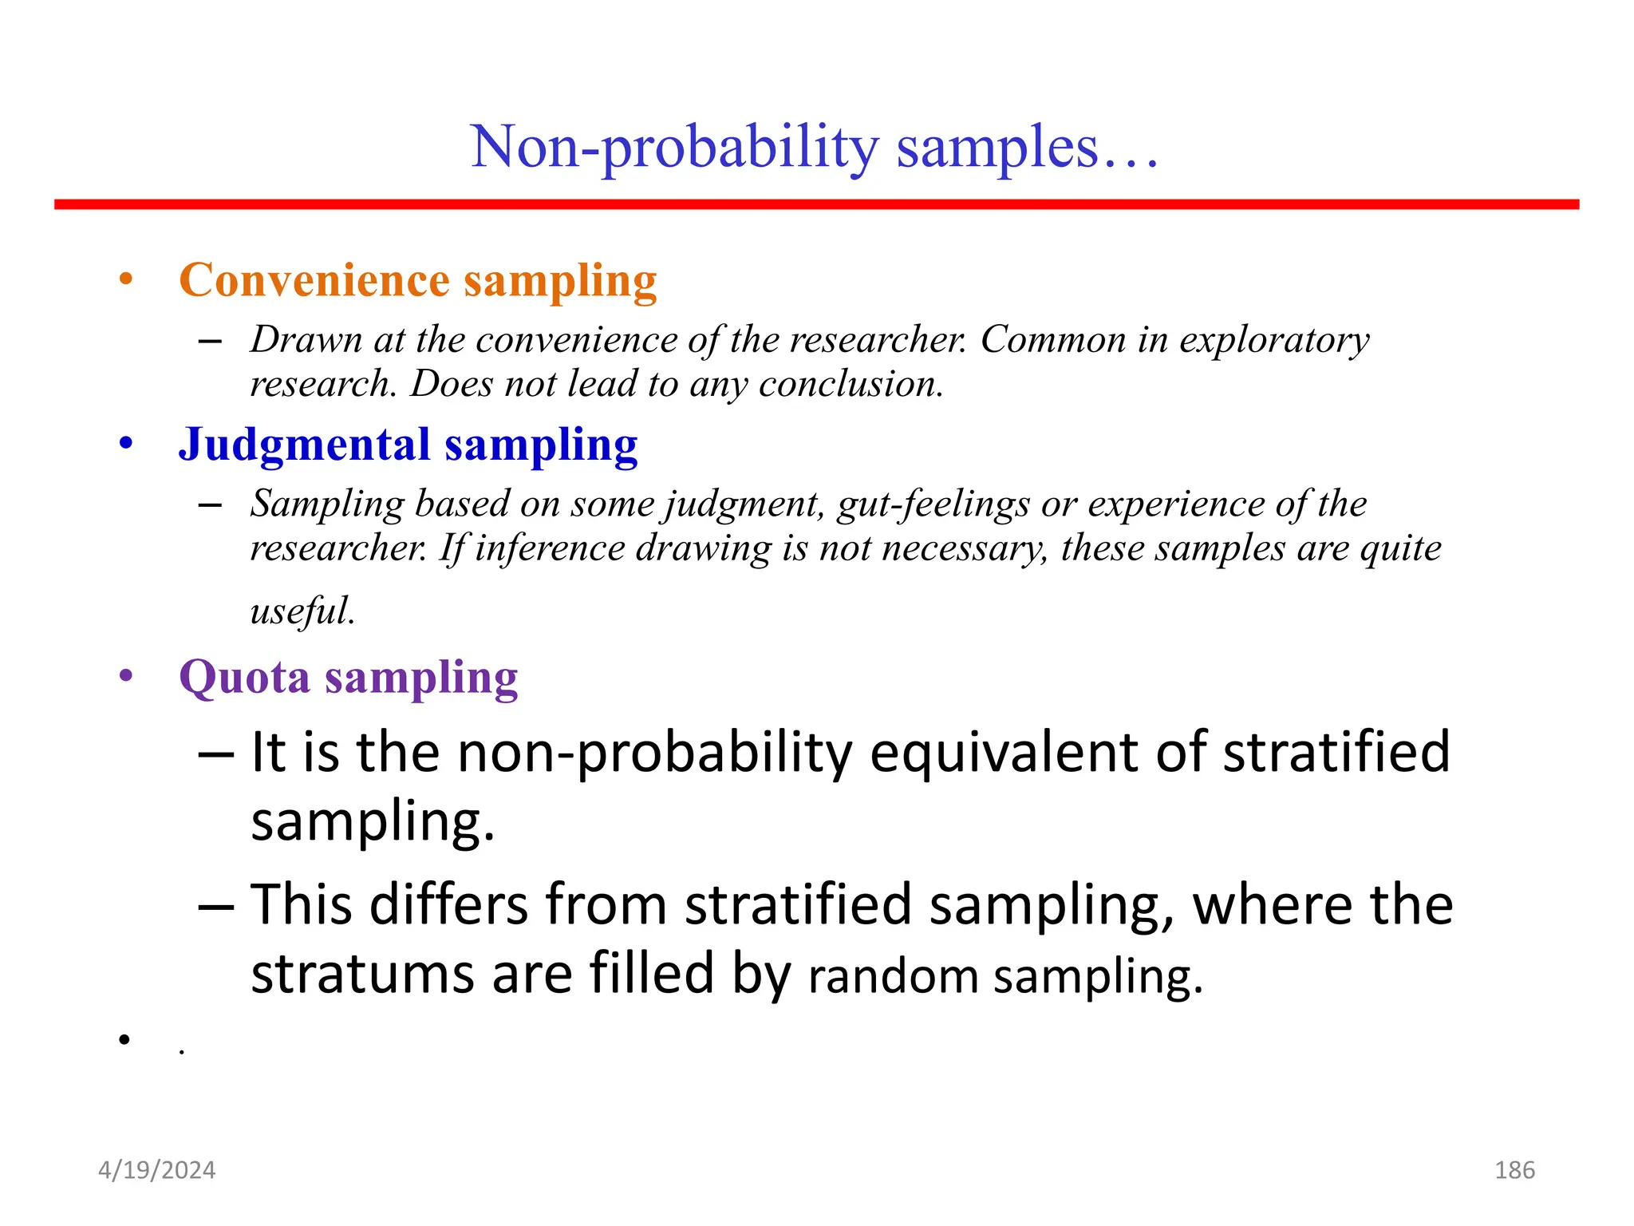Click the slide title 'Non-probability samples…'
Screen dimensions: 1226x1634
814,148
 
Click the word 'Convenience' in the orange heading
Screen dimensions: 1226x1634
314,281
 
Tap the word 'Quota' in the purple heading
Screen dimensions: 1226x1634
244,678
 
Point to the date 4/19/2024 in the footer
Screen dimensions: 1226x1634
156,1170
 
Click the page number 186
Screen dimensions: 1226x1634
1514,1170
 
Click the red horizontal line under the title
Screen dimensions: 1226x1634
816,205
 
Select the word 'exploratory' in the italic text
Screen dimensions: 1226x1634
1274,341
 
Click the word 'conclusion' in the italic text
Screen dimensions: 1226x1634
850,385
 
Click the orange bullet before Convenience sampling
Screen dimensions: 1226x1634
125,280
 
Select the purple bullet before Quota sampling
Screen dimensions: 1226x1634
125,677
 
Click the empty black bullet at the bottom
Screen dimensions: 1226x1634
124,1039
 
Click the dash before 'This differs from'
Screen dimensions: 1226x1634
215,906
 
